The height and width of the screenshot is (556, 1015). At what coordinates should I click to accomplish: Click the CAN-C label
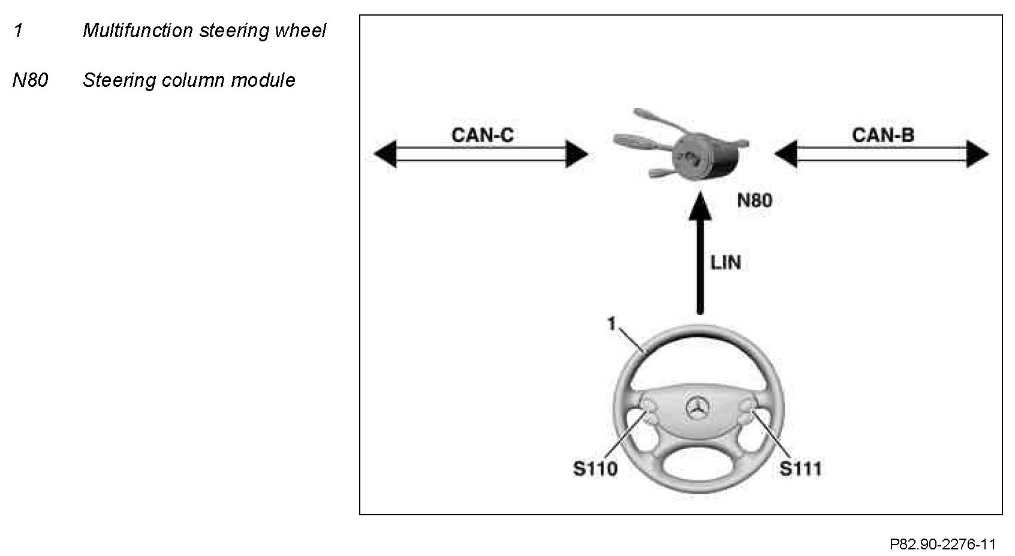pyautogui.click(x=482, y=135)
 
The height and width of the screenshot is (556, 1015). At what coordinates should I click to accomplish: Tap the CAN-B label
pyautogui.click(x=883, y=135)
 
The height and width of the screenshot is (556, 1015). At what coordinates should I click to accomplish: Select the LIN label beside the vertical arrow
pyautogui.click(x=725, y=262)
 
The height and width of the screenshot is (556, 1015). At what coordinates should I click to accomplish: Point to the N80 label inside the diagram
pyautogui.click(x=754, y=200)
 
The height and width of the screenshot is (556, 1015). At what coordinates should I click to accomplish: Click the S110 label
pyautogui.click(x=595, y=468)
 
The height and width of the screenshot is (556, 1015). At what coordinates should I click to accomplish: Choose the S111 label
pyautogui.click(x=800, y=468)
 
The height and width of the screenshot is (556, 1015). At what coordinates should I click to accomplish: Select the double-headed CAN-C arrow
pyautogui.click(x=481, y=154)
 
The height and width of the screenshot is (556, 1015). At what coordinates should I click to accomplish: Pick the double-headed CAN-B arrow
pyautogui.click(x=881, y=154)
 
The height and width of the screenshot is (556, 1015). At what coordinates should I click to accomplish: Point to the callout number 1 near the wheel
pyautogui.click(x=612, y=324)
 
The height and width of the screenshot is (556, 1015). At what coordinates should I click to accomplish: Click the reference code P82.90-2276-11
pyautogui.click(x=942, y=544)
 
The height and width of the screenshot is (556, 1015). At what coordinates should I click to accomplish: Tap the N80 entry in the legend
pyautogui.click(x=30, y=80)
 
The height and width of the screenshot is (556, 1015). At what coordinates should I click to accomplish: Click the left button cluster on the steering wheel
pyautogui.click(x=649, y=415)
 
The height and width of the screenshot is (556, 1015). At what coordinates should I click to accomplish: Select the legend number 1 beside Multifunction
pyautogui.click(x=18, y=31)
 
